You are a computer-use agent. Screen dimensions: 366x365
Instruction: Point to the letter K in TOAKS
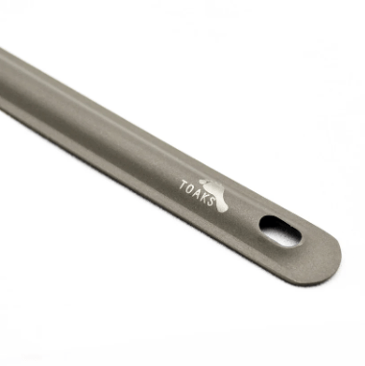coord(205,198)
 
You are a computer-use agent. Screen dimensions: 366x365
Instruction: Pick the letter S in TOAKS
coord(211,204)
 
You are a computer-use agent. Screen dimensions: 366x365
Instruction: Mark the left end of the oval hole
coord(263,224)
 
